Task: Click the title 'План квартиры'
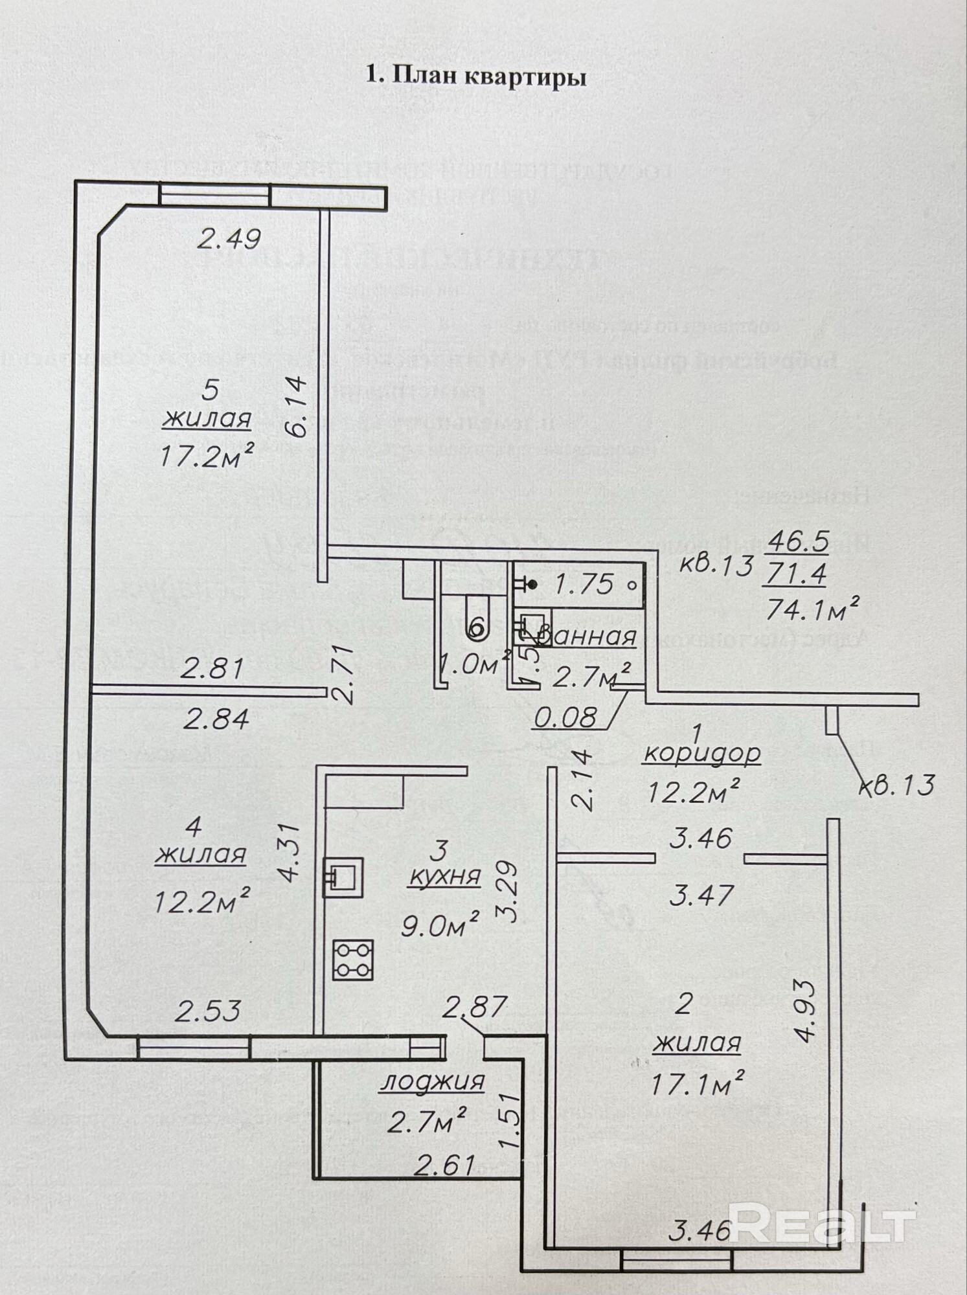point(476,76)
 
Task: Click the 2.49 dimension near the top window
point(229,240)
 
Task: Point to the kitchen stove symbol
point(353,959)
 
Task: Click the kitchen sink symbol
point(343,877)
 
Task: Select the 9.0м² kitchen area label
point(440,927)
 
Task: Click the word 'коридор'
point(702,754)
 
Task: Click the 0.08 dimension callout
point(564,717)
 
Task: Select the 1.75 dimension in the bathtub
point(584,585)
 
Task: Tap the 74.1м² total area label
point(813,609)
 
